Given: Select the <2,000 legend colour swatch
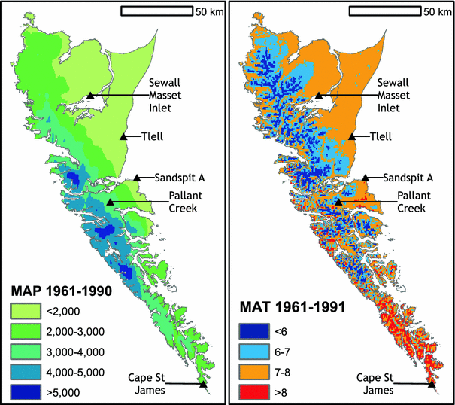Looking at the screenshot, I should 23,311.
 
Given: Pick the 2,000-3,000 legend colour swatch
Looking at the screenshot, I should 23,330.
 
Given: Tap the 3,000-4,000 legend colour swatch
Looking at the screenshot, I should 23,350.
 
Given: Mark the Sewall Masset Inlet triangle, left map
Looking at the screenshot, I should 90,95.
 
